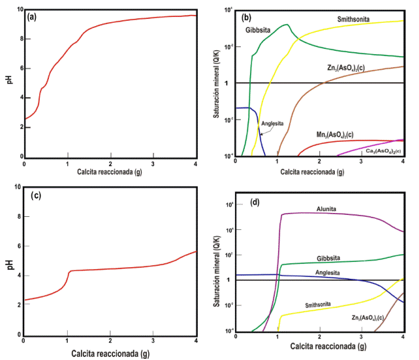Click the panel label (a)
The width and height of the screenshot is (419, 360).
32,17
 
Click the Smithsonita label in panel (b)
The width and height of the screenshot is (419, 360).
354,20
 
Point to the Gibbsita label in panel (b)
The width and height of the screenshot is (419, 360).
258,31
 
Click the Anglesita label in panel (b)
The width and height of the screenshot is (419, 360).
272,122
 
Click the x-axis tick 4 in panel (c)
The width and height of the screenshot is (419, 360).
196,342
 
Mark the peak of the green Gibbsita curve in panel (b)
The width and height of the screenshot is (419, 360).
287,25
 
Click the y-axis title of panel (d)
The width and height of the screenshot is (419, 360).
217,268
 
